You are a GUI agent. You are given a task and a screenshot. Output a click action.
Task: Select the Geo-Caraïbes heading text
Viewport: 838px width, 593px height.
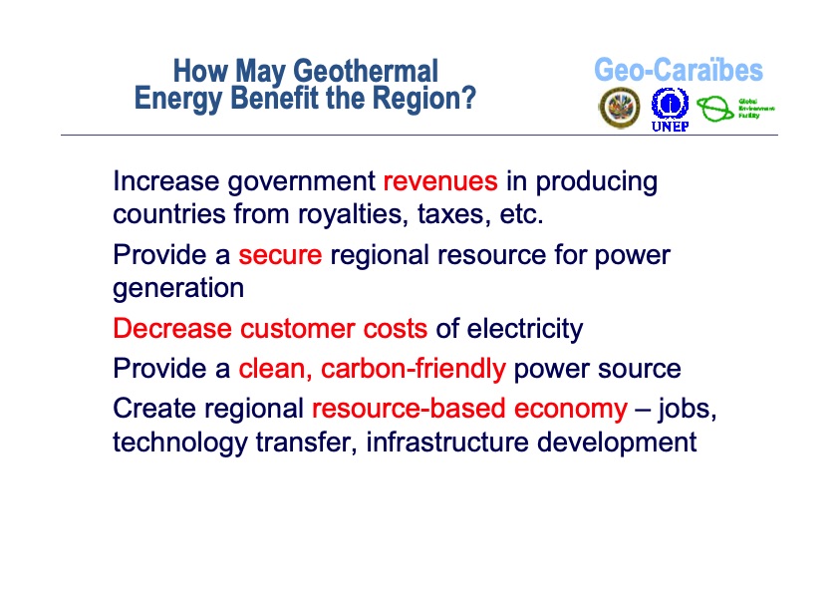point(678,71)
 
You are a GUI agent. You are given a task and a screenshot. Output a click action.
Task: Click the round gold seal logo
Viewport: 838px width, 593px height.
point(619,108)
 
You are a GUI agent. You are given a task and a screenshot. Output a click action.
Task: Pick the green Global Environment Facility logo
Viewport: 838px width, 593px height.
point(735,108)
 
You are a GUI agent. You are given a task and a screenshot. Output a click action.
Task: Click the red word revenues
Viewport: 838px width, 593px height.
point(439,181)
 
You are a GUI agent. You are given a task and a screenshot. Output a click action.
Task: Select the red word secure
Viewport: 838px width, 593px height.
point(280,255)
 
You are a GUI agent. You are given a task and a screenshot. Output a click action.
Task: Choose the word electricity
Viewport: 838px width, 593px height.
point(524,329)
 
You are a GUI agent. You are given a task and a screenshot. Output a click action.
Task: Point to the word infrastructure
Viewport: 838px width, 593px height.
point(447,442)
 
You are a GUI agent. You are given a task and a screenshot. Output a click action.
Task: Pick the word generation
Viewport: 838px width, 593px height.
point(178,288)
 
